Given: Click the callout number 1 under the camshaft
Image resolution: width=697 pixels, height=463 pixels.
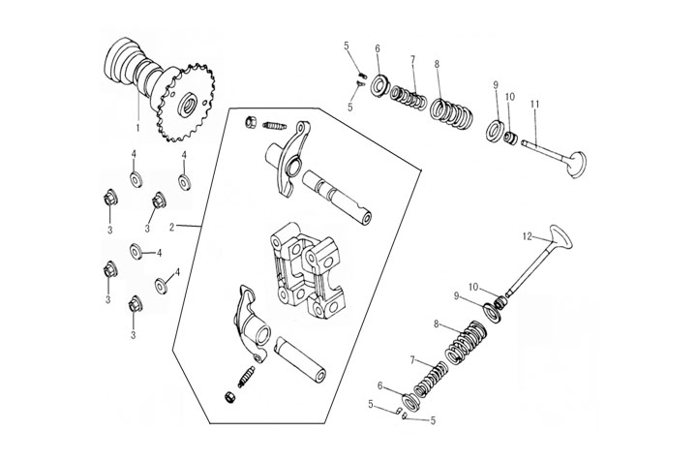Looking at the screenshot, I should coord(136,128).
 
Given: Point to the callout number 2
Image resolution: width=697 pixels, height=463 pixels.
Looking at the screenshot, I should coord(171,228).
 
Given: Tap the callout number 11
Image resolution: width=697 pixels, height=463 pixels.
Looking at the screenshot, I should coord(534,104).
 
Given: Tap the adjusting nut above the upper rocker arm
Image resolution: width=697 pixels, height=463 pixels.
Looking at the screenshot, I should coord(249,122).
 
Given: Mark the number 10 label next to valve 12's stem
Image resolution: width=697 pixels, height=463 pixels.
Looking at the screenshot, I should coord(473,287).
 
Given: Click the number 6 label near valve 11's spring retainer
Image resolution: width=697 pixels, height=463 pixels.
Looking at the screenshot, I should coord(378,48).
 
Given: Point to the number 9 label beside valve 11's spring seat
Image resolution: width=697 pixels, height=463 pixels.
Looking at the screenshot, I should coord(495,84).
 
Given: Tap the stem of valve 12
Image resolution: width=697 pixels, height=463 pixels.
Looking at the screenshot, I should coord(529,270).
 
